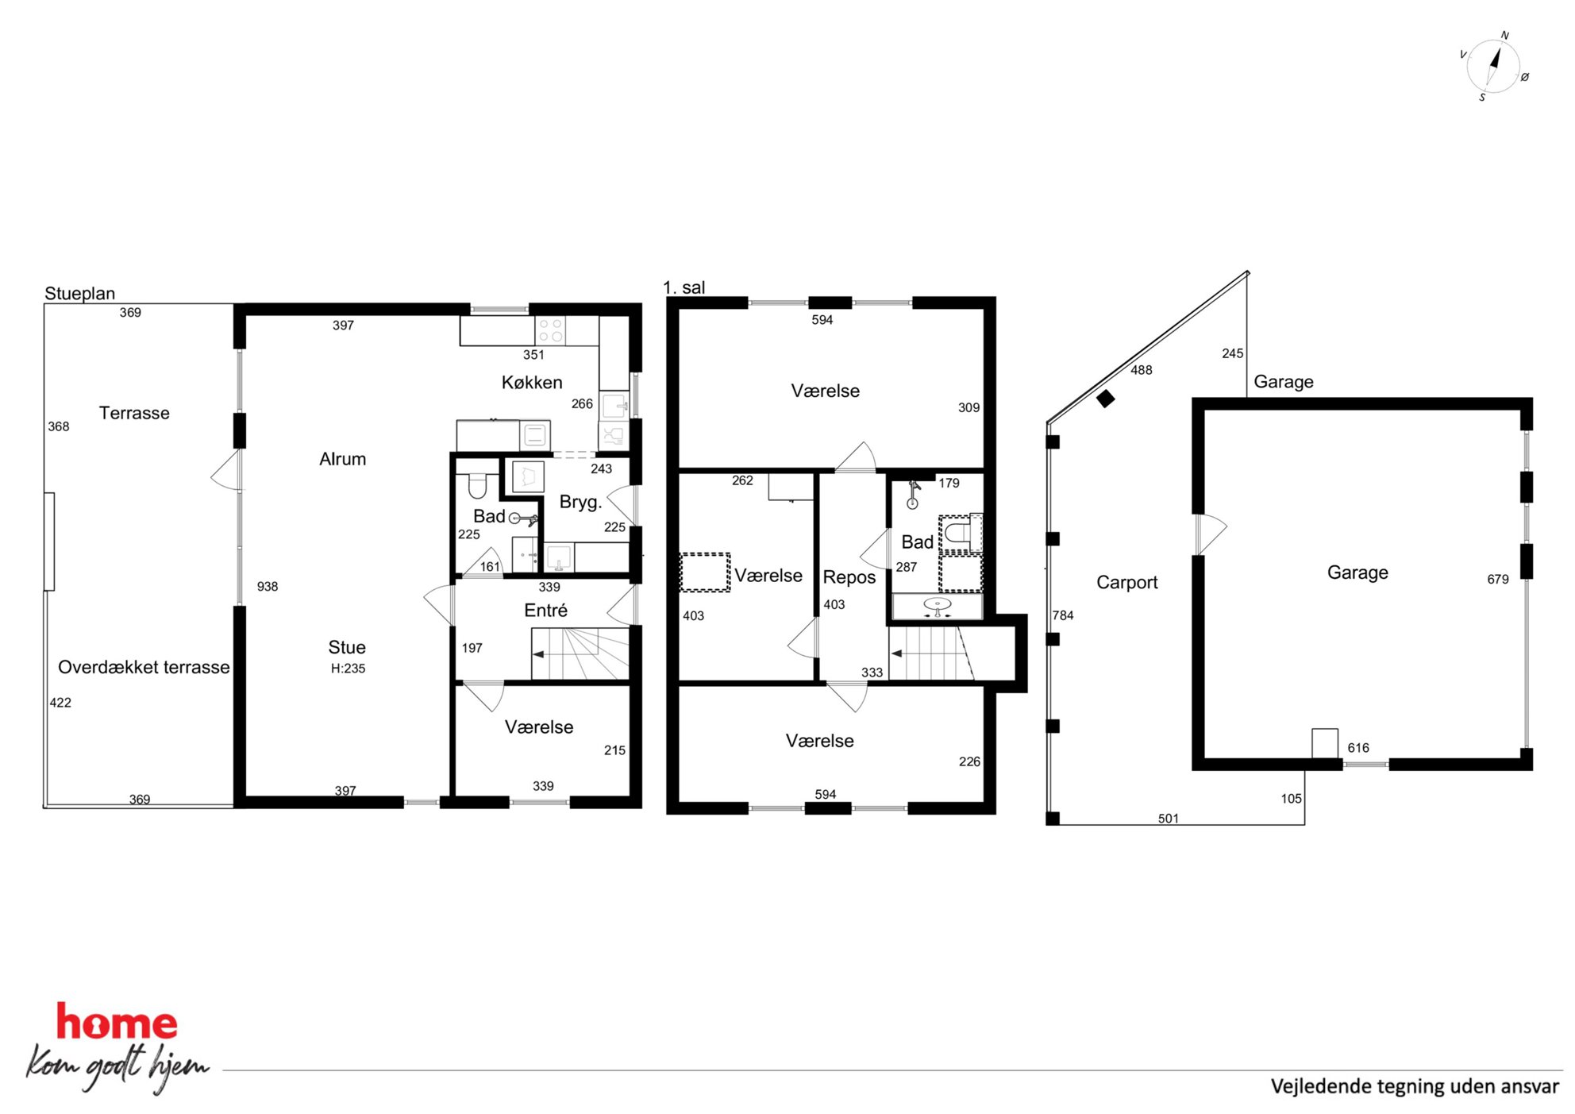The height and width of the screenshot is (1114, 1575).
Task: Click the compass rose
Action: point(1492,67)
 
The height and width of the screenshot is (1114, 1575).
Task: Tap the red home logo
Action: point(117,1022)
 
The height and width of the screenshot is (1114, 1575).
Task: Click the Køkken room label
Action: point(532,383)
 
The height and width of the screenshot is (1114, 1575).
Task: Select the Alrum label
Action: point(342,459)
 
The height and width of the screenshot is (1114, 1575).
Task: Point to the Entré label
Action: point(545,610)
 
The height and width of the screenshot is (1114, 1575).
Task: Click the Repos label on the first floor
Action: point(849,577)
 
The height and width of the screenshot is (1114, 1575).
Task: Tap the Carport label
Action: point(1126,582)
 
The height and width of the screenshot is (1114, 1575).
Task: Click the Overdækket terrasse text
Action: point(144,667)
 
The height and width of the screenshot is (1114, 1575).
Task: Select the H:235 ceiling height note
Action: point(348,669)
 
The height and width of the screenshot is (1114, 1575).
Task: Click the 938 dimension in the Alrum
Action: point(268,587)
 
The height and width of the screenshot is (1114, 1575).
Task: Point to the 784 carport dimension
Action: point(1063,615)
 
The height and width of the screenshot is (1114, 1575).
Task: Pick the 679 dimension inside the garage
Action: point(1498,580)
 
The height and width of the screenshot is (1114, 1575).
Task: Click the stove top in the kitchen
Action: point(551,330)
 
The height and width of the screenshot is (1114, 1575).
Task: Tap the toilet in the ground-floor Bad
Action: point(477,484)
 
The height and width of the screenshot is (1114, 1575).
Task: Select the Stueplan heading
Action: point(79,293)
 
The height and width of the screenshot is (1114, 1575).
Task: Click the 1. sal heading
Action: point(684,287)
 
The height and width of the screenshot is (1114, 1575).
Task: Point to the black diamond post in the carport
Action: point(1105,399)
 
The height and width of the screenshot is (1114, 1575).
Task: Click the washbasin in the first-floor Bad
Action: point(938,607)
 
